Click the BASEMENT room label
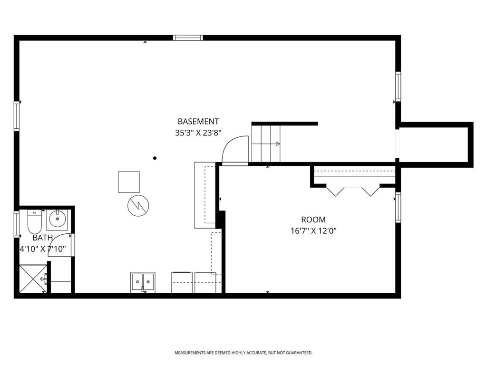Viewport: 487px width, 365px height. pos(198,122)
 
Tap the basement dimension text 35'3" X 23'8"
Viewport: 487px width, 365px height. pos(198,134)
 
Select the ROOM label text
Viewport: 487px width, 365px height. pos(313,220)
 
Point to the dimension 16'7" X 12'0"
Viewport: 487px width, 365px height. pos(313,231)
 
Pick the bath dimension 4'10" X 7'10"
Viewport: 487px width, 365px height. pos(42,249)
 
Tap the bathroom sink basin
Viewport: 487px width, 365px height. pos(58,219)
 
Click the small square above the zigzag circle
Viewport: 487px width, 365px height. pos(129,182)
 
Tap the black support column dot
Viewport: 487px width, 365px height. pos(155,158)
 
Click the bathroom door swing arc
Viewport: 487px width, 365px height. pos(59,245)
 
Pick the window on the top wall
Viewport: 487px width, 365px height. pos(188,38)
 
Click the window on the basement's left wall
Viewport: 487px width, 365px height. pos(17,116)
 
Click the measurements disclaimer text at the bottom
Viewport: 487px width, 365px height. pos(243,353)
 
